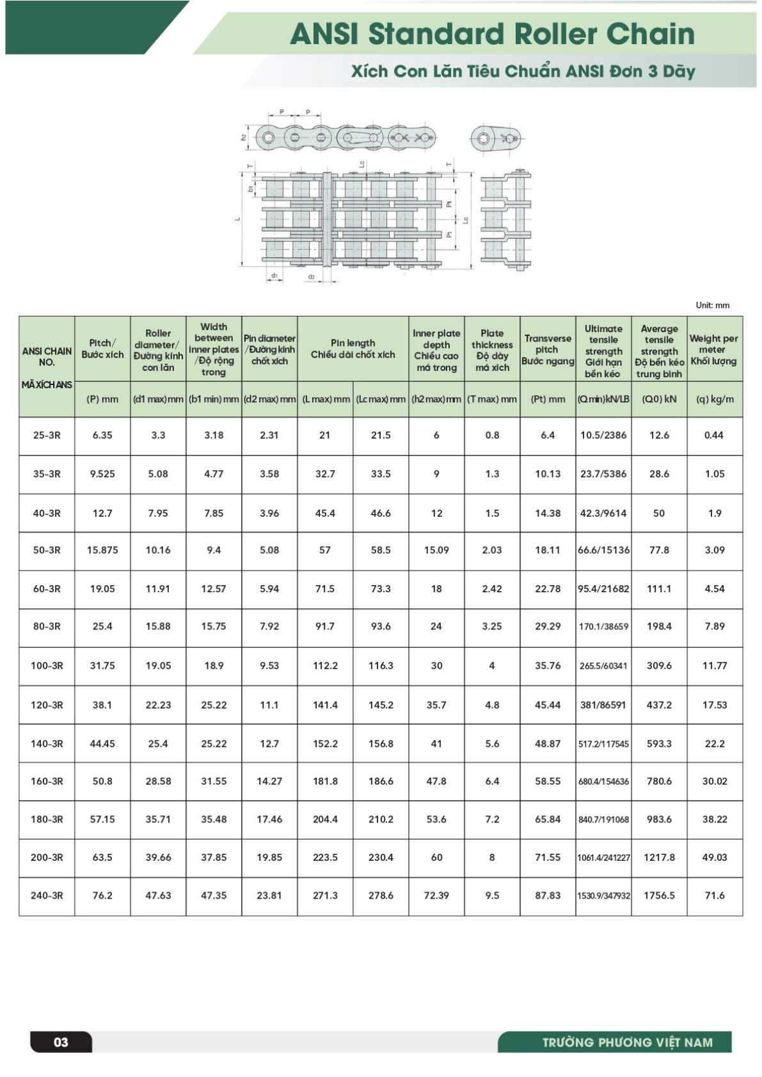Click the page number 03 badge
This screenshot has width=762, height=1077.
click(61, 1042)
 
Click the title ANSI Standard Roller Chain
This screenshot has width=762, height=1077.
click(491, 34)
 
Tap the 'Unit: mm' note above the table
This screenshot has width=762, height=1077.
click(712, 305)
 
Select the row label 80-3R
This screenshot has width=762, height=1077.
click(47, 626)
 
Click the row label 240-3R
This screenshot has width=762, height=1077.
click(47, 895)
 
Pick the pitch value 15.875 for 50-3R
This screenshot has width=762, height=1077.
click(102, 550)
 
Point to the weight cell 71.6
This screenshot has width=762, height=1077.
click(714, 895)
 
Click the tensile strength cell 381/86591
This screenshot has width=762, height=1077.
click(603, 705)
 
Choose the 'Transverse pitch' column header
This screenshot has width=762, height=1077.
click(548, 349)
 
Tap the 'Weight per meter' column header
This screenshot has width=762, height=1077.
click(714, 349)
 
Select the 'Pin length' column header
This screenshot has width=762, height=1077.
click(353, 349)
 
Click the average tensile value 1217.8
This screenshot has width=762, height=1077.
click(659, 857)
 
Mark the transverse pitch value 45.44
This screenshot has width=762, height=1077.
click(548, 705)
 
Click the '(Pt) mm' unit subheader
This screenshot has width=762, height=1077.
click(548, 399)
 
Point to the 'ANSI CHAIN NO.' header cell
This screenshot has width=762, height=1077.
click(47, 356)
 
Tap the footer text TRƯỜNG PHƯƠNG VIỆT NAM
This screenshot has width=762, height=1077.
click(627, 1042)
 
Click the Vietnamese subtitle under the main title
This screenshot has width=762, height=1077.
click(523, 71)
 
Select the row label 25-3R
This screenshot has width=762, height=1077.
click(47, 435)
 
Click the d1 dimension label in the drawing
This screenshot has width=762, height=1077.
click(274, 276)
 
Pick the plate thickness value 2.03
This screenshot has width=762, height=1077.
click(492, 550)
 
